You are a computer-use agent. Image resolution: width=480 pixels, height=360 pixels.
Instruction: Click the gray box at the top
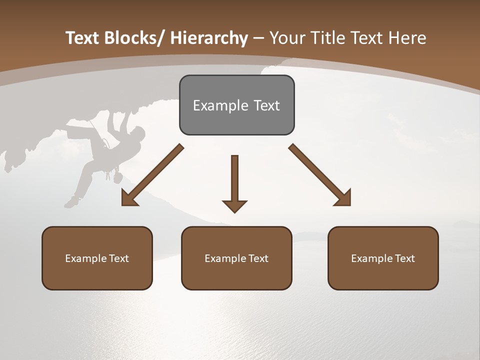(236, 105)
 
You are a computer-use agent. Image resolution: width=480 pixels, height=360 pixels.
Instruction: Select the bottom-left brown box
(97, 258)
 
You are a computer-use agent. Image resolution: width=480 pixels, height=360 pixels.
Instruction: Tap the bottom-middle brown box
(236, 258)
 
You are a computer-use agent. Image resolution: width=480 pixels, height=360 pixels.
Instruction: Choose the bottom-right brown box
(383, 258)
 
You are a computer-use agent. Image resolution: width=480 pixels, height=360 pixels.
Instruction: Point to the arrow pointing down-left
(152, 175)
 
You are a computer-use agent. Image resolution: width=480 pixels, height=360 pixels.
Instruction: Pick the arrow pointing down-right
(320, 175)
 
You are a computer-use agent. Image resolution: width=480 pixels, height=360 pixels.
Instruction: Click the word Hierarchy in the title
(209, 38)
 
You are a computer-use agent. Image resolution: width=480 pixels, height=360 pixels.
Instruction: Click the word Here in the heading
(407, 38)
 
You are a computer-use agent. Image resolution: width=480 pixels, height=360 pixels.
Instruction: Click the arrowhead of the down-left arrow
(128, 198)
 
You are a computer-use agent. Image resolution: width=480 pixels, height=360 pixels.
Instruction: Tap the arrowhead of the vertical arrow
(234, 205)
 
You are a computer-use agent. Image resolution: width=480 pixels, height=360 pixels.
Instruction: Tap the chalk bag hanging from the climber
(117, 177)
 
